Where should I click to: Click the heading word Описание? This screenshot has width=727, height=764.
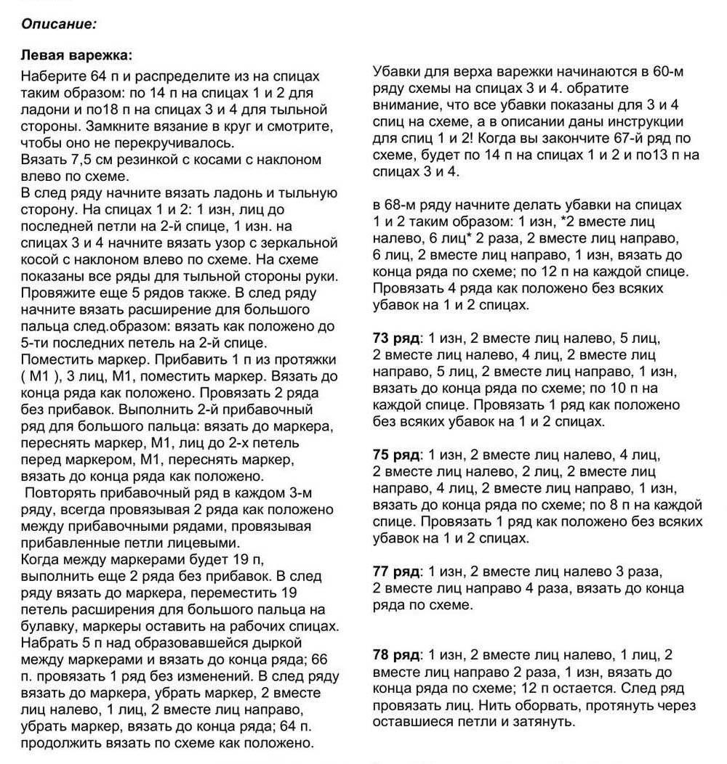pos(58,23)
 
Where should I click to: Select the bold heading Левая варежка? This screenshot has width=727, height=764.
pos(76,56)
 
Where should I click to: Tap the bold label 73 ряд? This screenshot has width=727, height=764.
pos(395,338)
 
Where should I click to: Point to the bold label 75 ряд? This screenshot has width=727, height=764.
pos(395,455)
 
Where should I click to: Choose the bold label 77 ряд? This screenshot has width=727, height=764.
pos(395,572)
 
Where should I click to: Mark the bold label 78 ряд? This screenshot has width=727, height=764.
pos(395,654)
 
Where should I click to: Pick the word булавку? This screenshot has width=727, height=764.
pos(47,626)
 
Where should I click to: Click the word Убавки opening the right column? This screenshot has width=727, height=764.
pos(396,72)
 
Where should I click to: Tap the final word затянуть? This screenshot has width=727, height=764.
pos(547,722)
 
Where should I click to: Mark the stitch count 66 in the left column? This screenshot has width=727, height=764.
pos(319,659)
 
